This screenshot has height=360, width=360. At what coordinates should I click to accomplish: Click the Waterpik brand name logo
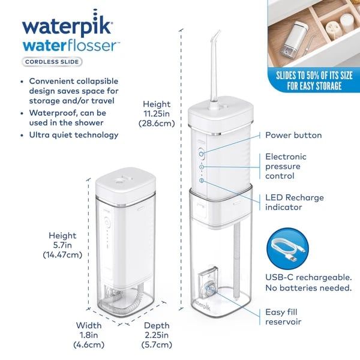point(66,27)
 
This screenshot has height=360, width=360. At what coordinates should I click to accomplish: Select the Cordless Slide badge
point(52,61)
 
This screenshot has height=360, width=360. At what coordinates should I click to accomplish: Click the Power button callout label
point(293,136)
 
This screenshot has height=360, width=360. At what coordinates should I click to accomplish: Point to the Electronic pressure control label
point(289,166)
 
